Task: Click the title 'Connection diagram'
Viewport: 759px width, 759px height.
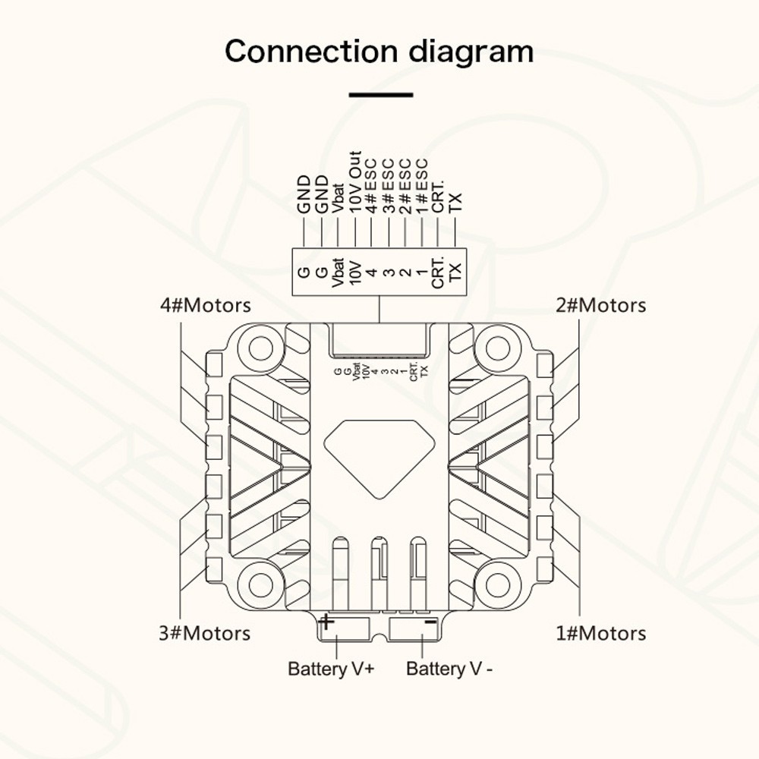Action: (x=379, y=52)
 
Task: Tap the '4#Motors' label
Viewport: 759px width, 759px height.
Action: (x=205, y=305)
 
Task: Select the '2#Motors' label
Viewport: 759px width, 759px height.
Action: (x=600, y=305)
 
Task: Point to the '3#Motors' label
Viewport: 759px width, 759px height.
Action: (x=205, y=633)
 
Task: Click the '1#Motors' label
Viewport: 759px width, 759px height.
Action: (x=600, y=633)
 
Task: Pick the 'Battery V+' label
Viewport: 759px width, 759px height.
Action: (x=331, y=669)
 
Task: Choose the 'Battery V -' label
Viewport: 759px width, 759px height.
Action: (x=449, y=669)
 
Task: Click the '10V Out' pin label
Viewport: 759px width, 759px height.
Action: (x=355, y=182)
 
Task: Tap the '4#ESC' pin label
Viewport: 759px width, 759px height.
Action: (x=372, y=186)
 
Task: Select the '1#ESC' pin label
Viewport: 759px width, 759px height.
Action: (x=421, y=186)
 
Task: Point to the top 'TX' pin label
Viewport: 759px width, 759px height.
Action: (x=455, y=203)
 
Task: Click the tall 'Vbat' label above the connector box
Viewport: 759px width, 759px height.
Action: (x=339, y=198)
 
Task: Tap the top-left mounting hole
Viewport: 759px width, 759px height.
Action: (x=261, y=348)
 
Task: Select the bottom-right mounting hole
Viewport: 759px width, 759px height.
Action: (x=498, y=586)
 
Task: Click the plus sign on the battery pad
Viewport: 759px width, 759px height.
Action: (x=326, y=622)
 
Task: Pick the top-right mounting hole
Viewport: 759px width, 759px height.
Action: (x=498, y=348)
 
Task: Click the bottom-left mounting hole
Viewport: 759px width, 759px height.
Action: (x=261, y=586)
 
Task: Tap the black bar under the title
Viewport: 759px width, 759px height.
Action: (x=381, y=95)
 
